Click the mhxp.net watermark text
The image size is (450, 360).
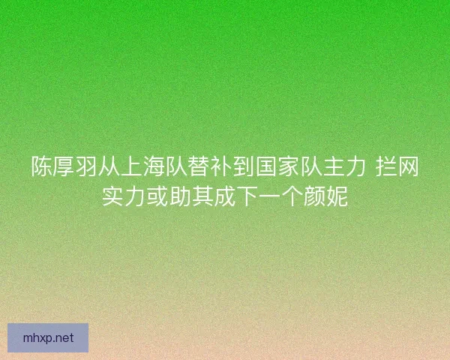(x=49, y=337)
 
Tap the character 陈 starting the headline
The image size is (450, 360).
(x=41, y=166)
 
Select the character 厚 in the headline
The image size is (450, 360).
(x=64, y=166)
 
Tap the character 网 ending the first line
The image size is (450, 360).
(x=408, y=166)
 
